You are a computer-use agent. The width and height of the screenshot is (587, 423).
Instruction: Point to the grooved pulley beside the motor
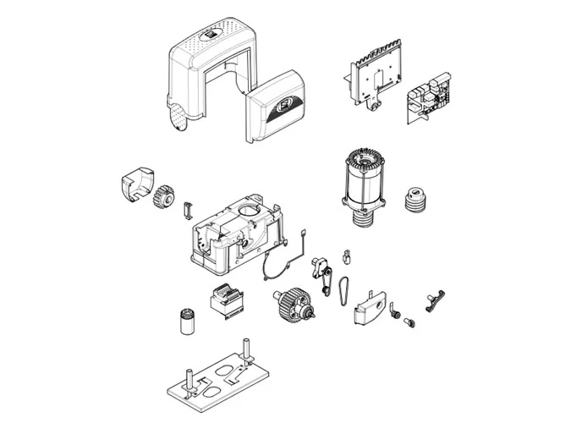coord(415,200)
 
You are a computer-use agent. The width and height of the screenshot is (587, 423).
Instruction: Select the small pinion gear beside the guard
coord(163,197)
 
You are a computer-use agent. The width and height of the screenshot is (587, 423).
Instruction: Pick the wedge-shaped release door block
coord(369,305)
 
